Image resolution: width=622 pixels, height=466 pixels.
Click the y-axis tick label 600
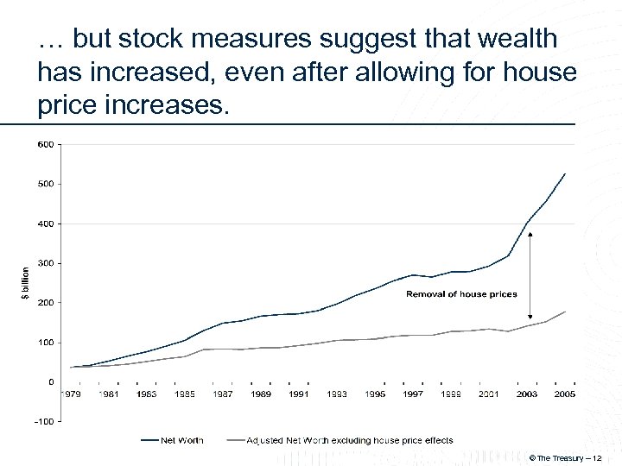[45, 144]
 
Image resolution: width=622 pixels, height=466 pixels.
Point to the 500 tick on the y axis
[45, 184]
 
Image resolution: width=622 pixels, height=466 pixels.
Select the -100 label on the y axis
[43, 422]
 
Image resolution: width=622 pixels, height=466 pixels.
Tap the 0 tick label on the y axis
[49, 382]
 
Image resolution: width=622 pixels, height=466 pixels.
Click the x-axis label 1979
[72, 394]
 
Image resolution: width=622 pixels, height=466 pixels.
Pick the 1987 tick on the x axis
[224, 394]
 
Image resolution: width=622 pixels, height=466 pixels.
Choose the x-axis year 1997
[413, 394]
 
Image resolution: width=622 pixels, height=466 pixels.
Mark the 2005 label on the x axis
[565, 394]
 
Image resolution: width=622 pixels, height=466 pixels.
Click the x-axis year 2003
[527, 394]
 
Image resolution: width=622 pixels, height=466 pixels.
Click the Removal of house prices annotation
[462, 294]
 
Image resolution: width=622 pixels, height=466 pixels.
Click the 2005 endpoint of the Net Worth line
[565, 173]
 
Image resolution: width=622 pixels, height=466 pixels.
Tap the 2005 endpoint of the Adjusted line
[565, 312]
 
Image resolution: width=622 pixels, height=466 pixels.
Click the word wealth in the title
[513, 39]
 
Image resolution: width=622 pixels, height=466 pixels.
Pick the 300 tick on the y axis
[45, 263]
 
